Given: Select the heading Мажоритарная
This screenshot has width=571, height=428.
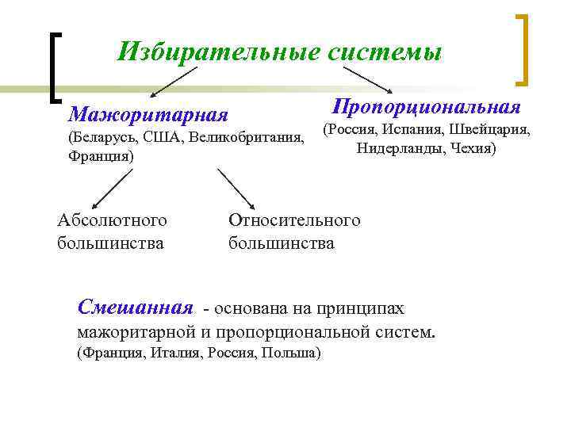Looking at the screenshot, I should (x=148, y=115).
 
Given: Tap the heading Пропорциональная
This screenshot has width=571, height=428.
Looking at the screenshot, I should (x=427, y=106).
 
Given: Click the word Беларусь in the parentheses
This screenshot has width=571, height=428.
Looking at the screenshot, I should (x=103, y=138).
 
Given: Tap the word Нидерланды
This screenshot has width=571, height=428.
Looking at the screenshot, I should (x=398, y=148).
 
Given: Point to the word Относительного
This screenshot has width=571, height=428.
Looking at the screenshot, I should (x=293, y=220).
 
